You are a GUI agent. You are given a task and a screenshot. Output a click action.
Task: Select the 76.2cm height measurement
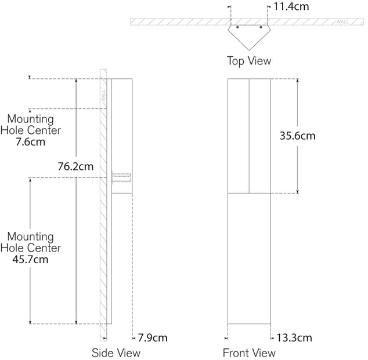pos(76,166)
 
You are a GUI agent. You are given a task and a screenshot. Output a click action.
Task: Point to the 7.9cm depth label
pos(153,337)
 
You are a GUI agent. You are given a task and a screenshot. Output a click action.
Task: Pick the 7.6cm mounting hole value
pos(31,141)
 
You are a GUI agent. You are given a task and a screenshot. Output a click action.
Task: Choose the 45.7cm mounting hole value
pos(31,259)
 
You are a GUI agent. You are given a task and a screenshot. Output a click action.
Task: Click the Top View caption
pos(248,60)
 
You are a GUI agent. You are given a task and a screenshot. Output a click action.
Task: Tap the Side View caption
pos(116,352)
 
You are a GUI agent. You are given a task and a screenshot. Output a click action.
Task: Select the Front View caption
pos(249,352)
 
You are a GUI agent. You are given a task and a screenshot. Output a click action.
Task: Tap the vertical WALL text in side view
pos(103,94)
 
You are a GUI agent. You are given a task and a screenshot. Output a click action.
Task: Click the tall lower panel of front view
pos(249,258)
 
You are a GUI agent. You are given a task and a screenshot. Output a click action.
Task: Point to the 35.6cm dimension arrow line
pos(297,168)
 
